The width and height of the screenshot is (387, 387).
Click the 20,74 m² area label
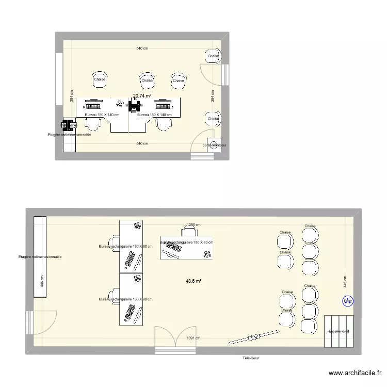[x=142, y=96]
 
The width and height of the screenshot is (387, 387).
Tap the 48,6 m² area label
[x=193, y=281]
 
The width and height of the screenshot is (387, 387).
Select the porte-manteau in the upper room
[x=214, y=146]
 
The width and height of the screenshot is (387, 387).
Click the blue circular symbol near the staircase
[x=347, y=301]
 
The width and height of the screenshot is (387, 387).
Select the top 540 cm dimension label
[x=142, y=49]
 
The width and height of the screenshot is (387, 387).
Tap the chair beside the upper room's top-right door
[x=213, y=56]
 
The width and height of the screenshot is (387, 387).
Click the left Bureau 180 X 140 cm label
[x=102, y=115]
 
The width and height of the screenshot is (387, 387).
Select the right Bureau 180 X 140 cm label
[x=155, y=115]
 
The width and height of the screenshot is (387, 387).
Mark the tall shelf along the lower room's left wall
[x=40, y=256]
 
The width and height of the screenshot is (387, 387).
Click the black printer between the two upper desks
[x=135, y=107]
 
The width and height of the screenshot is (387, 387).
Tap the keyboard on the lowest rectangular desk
[x=128, y=313]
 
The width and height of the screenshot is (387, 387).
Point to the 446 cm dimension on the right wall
[x=345, y=282]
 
